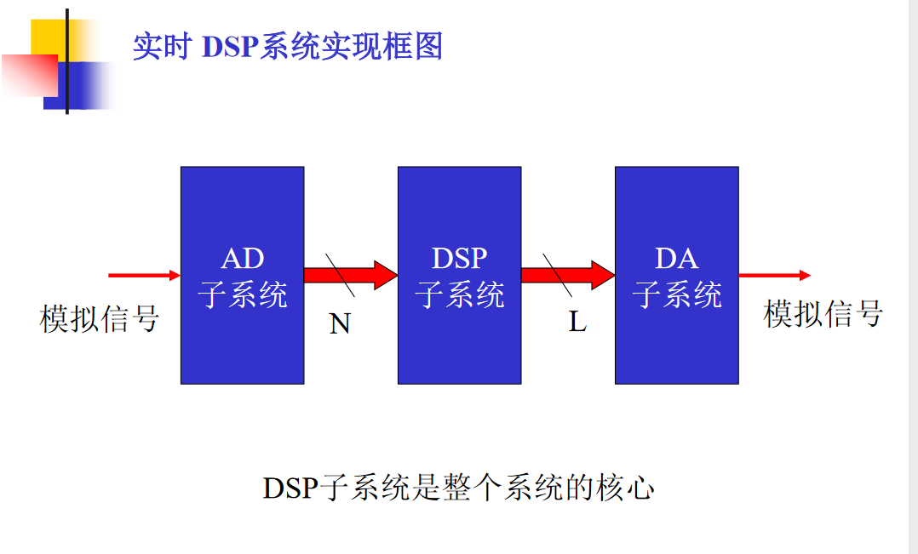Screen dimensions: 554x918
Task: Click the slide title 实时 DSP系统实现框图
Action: [288, 46]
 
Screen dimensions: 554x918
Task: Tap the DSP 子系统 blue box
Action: [459, 340]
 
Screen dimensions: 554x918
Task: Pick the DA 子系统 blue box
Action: [676, 340]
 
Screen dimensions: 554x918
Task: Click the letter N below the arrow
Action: [340, 324]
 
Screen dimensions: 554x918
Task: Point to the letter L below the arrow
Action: [578, 323]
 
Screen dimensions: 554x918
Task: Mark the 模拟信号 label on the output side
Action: [823, 313]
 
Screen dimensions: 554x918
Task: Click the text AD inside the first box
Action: [242, 259]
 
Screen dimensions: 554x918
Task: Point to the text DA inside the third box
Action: [676, 259]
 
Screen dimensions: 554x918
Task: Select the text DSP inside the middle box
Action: [459, 259]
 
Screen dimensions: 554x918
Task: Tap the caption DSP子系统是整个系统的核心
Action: [458, 488]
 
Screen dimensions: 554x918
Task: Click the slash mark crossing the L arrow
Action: [559, 274]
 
